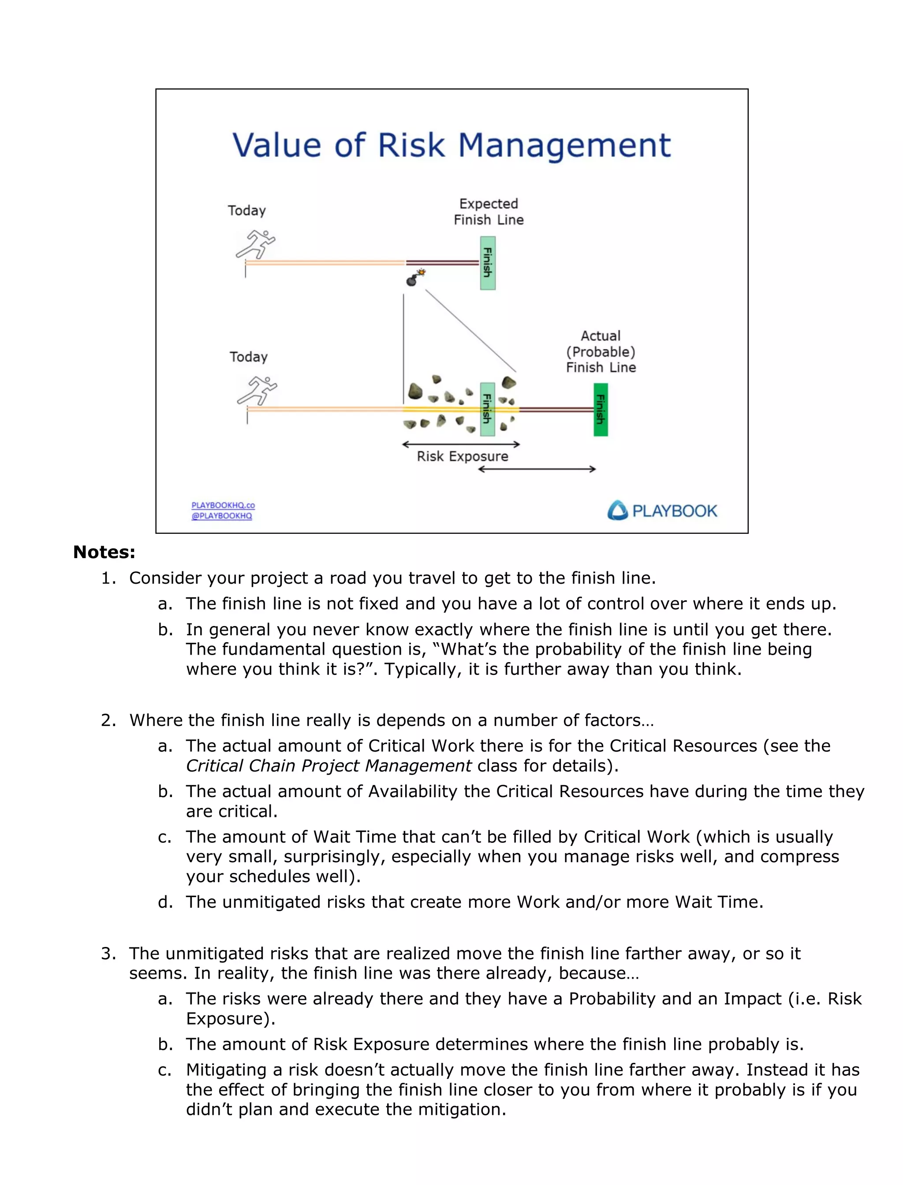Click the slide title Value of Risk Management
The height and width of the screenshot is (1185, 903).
tap(451, 145)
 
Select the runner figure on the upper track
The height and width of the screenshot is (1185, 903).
tap(256, 245)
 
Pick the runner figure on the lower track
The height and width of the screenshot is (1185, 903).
tap(257, 391)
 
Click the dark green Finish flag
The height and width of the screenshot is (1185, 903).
tap(601, 410)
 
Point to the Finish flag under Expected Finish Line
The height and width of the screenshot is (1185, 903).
tap(488, 263)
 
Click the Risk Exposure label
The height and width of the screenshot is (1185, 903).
tap(462, 456)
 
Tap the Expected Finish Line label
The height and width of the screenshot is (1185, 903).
tap(488, 212)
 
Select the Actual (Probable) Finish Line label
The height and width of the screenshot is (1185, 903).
tap(601, 351)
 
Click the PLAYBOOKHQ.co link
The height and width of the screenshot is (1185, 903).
tap(223, 505)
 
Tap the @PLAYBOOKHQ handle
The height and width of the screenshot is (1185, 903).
tap(221, 516)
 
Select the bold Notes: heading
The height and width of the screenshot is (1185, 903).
tap(104, 552)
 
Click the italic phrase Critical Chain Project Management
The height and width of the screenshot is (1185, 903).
tap(328, 765)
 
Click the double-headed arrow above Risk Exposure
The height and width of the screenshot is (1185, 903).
tap(461, 444)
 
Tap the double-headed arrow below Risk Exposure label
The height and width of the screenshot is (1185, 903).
tap(537, 469)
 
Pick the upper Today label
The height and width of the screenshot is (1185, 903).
tap(247, 211)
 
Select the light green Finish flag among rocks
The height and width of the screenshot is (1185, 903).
tap(487, 410)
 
